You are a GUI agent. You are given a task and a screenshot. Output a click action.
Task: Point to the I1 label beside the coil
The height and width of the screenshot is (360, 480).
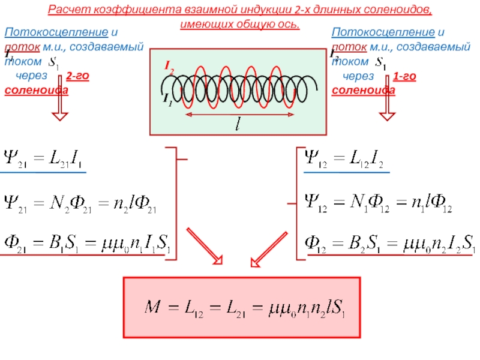coord(168,100)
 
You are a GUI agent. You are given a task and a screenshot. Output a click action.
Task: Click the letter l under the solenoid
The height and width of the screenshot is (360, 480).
coord(238,124)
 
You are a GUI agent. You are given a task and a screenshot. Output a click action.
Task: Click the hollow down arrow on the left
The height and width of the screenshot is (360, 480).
coord(59,106)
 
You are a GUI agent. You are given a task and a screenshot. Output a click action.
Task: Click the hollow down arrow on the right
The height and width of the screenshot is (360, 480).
coord(387,106)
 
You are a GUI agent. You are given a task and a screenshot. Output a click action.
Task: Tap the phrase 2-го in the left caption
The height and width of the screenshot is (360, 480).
coord(78,77)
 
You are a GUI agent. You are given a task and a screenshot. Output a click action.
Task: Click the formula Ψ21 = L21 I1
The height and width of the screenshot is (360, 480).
coord(43,160)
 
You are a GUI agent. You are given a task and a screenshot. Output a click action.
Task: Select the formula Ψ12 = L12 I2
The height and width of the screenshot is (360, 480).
coord(346,160)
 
